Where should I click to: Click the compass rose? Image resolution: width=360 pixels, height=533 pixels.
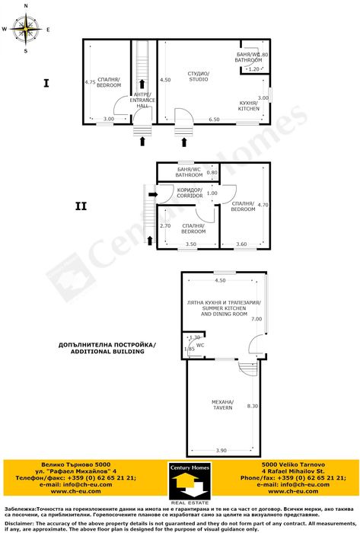tap(27, 30)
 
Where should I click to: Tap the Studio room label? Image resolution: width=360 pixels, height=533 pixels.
tap(199, 76)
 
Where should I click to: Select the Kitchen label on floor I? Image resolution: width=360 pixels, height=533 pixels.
tap(249, 105)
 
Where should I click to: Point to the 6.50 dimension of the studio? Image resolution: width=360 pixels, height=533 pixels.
tap(214, 120)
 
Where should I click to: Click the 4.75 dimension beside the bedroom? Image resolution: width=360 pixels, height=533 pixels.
tap(90, 82)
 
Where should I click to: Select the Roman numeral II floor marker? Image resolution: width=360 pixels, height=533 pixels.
tap(81, 205)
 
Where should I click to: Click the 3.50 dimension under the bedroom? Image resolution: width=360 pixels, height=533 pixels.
tap(191, 244)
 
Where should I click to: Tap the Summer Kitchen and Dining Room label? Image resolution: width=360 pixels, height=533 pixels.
tap(218, 308)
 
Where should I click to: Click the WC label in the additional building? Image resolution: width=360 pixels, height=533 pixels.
tap(200, 344)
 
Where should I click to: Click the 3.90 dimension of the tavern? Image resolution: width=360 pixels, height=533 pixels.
tap(221, 452)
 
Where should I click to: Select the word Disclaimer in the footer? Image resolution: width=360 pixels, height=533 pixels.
tap(20, 523)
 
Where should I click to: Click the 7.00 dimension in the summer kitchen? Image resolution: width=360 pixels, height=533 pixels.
tap(256, 319)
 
